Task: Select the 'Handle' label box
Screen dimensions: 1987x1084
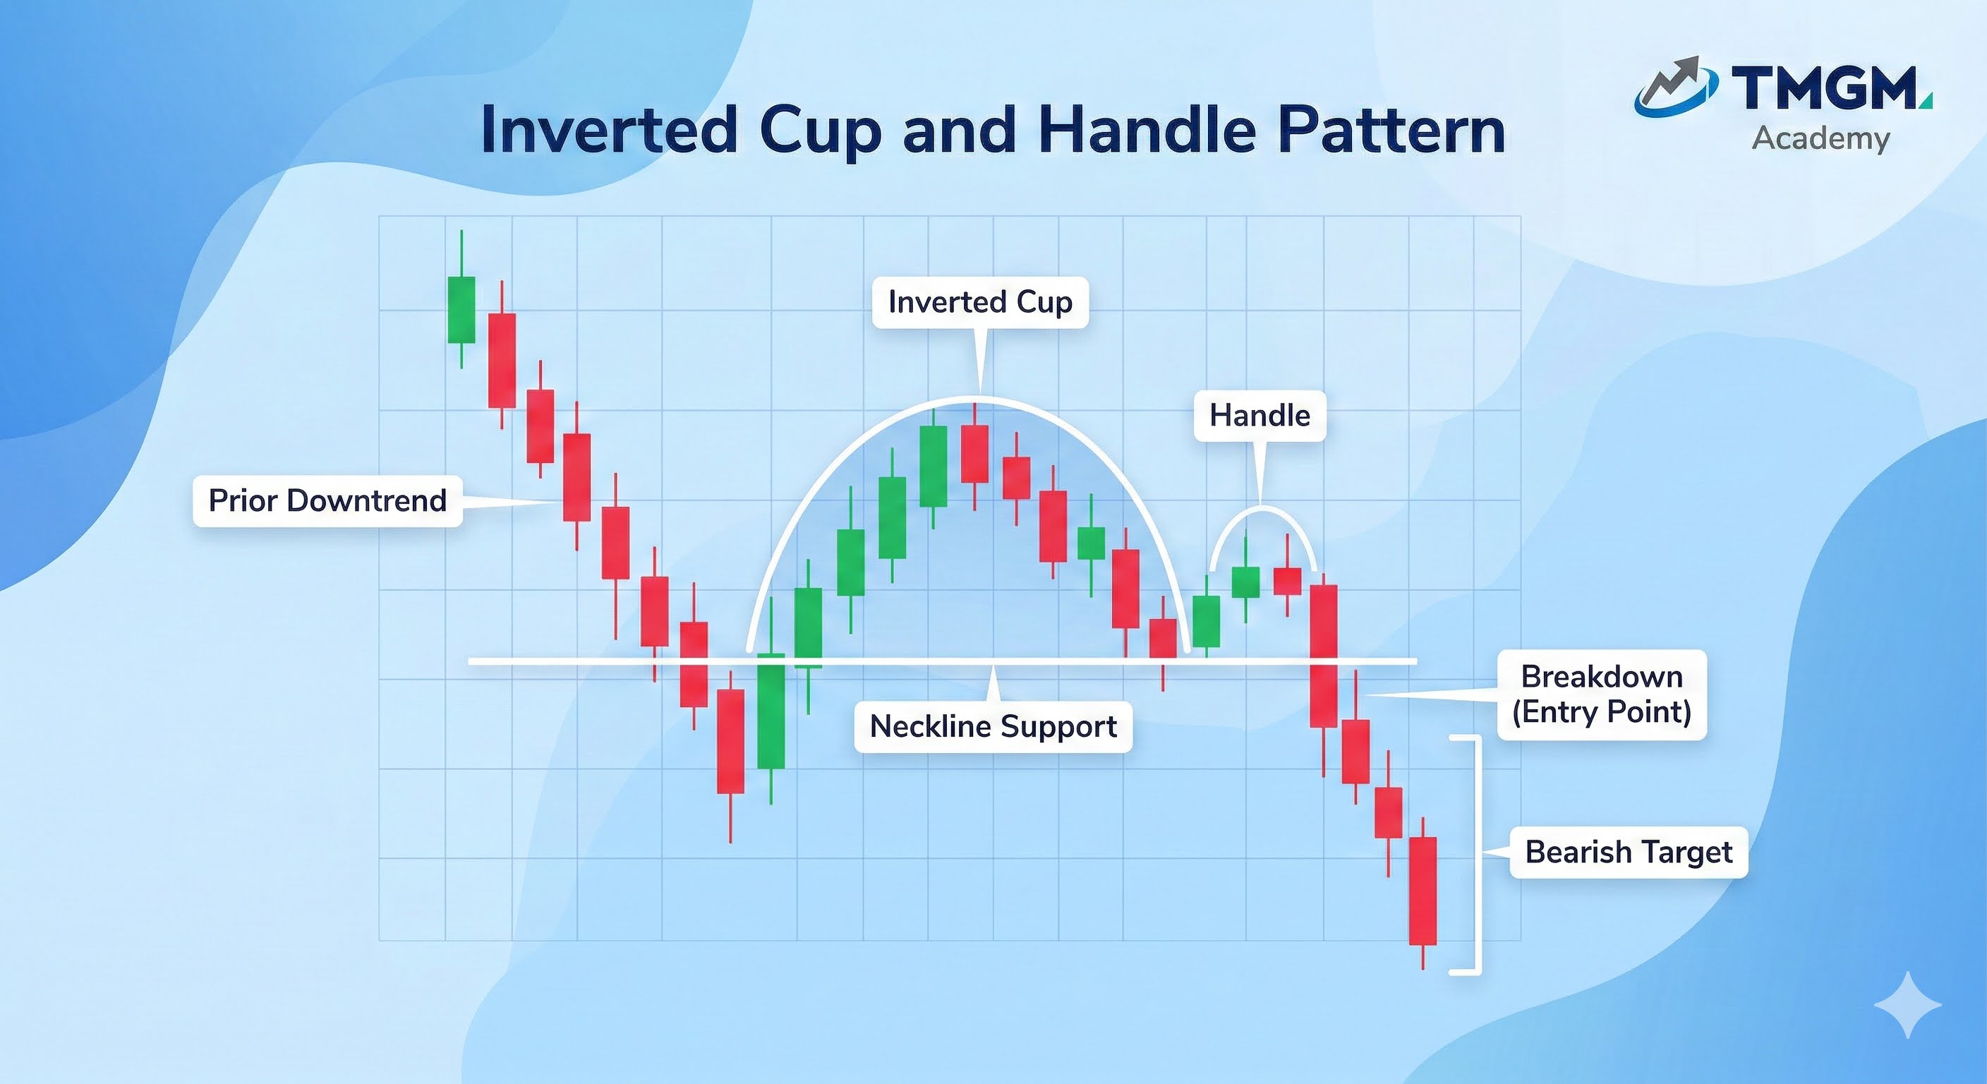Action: [1260, 416]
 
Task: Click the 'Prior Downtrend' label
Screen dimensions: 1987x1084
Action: [328, 502]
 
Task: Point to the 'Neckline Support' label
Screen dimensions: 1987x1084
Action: [993, 727]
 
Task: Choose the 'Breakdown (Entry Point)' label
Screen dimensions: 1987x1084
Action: [1602, 694]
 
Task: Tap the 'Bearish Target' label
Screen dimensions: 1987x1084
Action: [1629, 853]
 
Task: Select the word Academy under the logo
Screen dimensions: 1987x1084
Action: [1821, 139]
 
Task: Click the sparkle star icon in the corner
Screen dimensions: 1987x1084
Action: [1907, 1004]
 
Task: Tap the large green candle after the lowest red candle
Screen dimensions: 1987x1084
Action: [771, 711]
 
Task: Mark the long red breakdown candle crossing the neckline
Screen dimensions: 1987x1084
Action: [1324, 656]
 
